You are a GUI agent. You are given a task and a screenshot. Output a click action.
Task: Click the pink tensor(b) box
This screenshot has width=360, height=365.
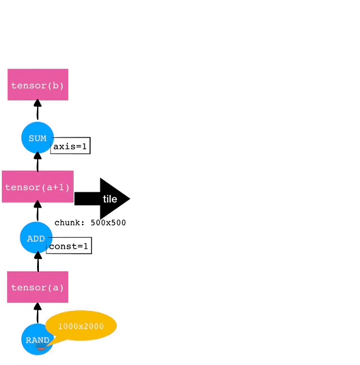(38, 85)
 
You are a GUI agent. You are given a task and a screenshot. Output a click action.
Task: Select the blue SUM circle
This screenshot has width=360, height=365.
(38, 137)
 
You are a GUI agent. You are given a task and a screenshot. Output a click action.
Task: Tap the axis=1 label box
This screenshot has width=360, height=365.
(71, 145)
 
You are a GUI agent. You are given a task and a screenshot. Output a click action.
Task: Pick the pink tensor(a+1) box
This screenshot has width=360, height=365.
(38, 187)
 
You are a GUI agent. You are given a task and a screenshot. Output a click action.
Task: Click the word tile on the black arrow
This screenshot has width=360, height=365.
(110, 199)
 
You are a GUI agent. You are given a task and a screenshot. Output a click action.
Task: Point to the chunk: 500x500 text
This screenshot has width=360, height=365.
(90, 223)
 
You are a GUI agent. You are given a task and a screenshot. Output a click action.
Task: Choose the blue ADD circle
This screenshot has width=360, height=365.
(36, 238)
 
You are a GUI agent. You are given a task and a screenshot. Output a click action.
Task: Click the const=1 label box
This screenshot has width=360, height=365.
(69, 246)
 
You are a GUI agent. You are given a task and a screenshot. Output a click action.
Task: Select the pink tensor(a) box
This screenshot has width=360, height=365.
(38, 287)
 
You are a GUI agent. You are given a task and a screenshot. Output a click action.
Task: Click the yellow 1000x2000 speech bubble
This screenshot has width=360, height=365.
(81, 326)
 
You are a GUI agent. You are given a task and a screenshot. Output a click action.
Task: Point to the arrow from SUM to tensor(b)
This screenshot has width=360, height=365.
(38, 109)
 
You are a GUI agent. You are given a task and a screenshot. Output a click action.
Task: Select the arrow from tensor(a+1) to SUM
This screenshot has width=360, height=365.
(38, 162)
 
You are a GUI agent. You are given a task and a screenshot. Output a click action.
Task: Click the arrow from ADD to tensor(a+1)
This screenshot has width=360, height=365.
(38, 210)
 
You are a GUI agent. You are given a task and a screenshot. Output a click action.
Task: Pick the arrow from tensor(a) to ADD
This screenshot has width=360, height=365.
(38, 262)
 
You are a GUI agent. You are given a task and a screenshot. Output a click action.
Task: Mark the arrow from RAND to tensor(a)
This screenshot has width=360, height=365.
(38, 313)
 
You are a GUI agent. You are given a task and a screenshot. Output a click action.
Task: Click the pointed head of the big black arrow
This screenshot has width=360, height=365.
(130, 199)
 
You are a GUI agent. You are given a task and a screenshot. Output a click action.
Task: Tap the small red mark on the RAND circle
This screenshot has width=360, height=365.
(41, 349)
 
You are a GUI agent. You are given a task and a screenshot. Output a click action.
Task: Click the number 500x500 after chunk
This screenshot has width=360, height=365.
(108, 223)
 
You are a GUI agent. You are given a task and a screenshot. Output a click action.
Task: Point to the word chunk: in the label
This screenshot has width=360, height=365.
(69, 223)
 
